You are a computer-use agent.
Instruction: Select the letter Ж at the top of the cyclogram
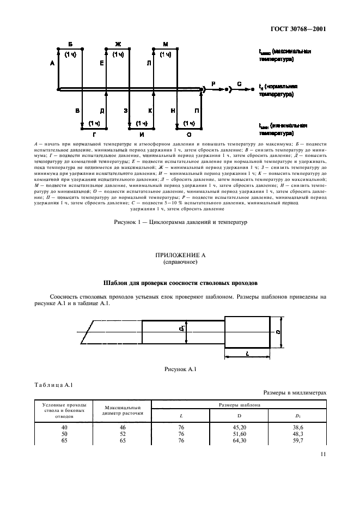click(118, 43)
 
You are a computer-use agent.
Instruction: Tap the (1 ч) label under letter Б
click(70, 54)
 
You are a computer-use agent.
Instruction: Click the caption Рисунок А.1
click(180, 369)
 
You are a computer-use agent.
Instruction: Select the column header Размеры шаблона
click(239, 405)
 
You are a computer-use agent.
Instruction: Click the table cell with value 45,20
click(239, 428)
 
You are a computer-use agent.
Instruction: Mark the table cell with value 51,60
click(239, 434)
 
